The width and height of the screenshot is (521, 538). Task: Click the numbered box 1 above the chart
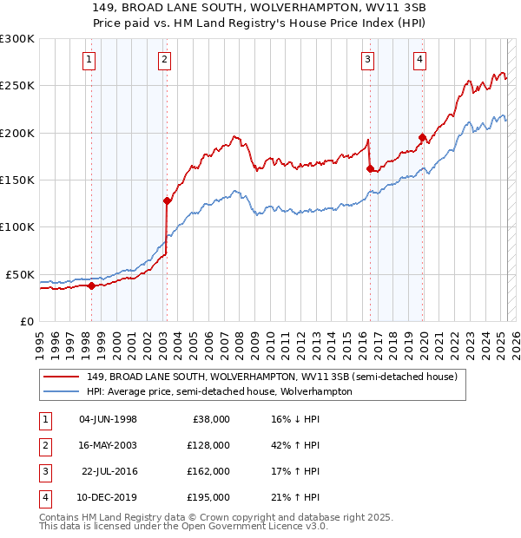(90, 60)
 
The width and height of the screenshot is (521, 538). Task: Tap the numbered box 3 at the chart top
(368, 60)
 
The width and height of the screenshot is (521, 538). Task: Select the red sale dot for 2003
(166, 200)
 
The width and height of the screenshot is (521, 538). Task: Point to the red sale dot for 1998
(91, 285)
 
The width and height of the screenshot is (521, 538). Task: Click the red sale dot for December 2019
(421, 137)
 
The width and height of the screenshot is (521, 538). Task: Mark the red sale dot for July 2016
(370, 168)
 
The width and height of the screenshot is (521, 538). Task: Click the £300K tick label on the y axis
(16, 39)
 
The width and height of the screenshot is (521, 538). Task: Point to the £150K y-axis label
(16, 180)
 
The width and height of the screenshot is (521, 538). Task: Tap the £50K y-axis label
(20, 274)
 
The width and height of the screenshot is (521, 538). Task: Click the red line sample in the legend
(62, 377)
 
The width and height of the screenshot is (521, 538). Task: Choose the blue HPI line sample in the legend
(62, 391)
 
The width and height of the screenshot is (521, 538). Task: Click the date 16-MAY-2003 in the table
(108, 445)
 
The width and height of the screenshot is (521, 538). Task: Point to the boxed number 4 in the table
(43, 497)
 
